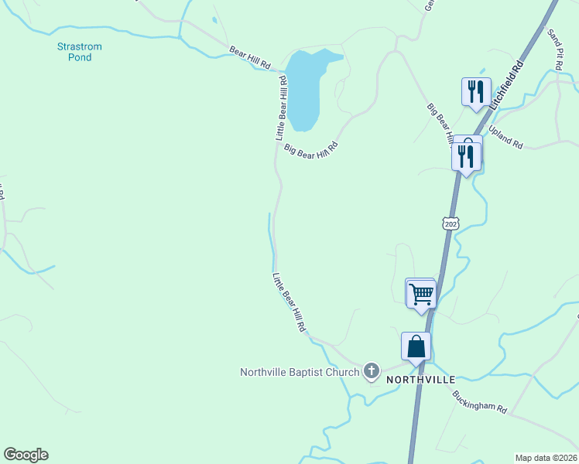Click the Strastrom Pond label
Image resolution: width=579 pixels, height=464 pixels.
tap(79, 52)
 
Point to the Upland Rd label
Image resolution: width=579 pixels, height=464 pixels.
tap(506, 139)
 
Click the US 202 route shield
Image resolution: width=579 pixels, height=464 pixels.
tap(451, 223)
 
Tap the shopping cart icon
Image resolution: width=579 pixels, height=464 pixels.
tap(421, 293)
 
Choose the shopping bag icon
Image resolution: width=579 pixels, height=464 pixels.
tap(416, 346)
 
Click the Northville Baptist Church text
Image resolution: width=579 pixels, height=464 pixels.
tap(300, 372)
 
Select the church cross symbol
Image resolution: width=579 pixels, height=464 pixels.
tap(372, 372)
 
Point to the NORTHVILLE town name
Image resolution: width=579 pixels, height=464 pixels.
tap(420, 380)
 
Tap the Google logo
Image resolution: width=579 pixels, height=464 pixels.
tap(26, 455)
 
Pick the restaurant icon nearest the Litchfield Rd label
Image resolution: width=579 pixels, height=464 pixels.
tap(474, 92)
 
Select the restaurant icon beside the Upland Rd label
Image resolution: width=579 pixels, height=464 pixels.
tap(465, 155)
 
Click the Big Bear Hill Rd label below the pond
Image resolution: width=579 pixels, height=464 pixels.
tap(311, 148)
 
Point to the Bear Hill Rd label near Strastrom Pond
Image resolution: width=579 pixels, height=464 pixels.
tap(249, 58)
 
